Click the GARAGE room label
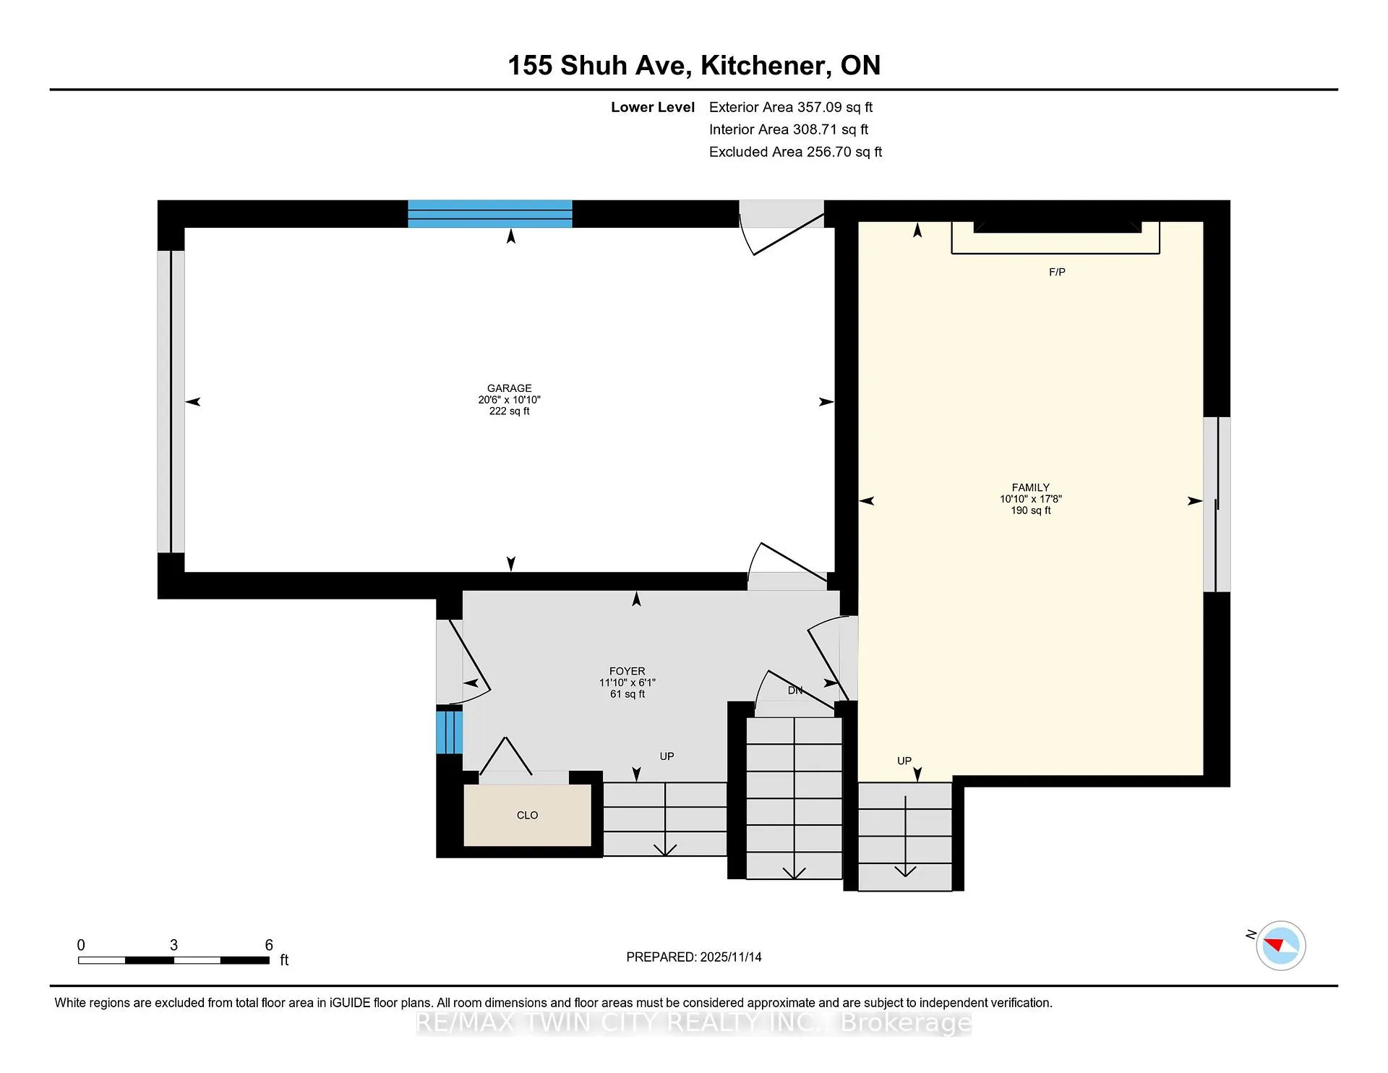coord(509,388)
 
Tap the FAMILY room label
coord(1030,487)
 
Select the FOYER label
coord(627,671)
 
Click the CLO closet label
coord(527,815)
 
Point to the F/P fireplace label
coord(1057,272)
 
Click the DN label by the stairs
coord(795,691)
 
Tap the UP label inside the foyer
coord(667,756)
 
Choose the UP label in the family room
coord(904,761)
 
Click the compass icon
coord(1280,945)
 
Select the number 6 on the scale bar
coord(269,945)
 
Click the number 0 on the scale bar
coord(81,945)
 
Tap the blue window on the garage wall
coord(490,214)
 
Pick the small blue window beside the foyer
coord(449,732)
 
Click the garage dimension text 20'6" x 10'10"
coord(509,400)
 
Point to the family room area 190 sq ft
coord(1031,510)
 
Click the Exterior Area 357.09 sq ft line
coord(791,107)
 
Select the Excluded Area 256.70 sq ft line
coord(795,152)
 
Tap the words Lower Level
coord(653,107)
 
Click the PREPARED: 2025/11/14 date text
coord(694,957)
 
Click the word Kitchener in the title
coord(765,66)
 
